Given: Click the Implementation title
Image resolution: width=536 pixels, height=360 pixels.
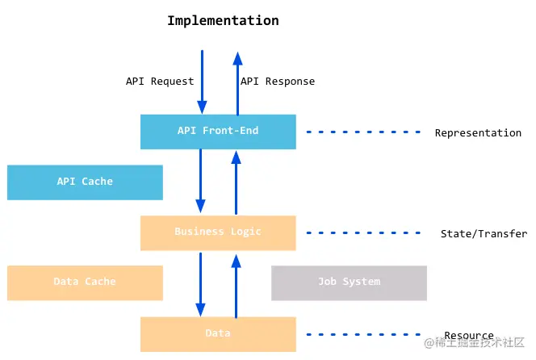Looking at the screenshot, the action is (x=223, y=21).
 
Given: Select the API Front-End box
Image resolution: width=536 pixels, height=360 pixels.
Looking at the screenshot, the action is (x=218, y=132).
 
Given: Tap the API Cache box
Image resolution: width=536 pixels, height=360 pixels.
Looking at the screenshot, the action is (x=85, y=182).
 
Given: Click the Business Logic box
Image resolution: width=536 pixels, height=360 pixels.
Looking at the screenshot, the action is (x=218, y=232).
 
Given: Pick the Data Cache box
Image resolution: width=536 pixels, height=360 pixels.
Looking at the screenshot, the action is (x=85, y=283).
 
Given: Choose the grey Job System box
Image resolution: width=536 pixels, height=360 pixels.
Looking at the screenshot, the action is (x=349, y=283).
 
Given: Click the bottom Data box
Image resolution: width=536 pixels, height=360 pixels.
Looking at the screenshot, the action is (x=218, y=334).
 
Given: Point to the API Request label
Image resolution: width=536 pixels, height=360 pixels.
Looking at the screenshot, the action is (x=160, y=82).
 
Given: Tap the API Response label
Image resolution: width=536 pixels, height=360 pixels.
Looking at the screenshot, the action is (x=278, y=82).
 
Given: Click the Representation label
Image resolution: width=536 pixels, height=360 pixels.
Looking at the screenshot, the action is (x=478, y=132).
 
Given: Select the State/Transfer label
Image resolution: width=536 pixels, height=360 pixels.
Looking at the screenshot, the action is (x=484, y=233).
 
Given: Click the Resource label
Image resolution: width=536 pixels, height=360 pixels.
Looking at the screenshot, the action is (x=469, y=335).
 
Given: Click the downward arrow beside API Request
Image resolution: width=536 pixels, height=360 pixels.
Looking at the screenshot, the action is (x=202, y=82).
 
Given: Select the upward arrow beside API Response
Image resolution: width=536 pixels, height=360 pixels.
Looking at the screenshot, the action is (x=237, y=84).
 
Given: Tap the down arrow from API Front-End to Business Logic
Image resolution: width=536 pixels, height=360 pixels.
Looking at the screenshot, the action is (x=200, y=181).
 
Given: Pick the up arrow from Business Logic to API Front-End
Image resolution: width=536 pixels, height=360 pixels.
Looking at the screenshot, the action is (x=236, y=182).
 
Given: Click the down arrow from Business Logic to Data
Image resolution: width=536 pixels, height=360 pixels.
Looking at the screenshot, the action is (x=200, y=284).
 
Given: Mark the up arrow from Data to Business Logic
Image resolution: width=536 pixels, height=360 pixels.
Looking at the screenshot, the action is (x=236, y=287).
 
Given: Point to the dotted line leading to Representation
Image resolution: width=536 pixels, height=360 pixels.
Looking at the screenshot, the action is (x=363, y=132).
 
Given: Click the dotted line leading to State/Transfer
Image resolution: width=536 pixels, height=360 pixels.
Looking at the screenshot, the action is (x=363, y=232).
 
